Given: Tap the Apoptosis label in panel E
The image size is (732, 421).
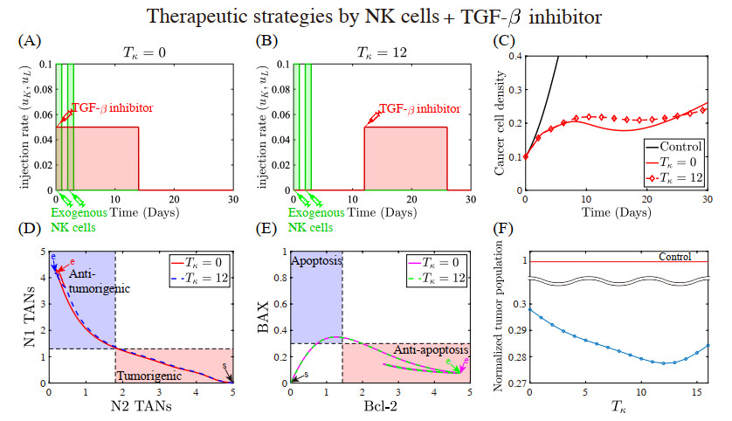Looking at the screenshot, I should coord(317,261).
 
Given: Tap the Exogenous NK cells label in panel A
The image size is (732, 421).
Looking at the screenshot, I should coord(79,219).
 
